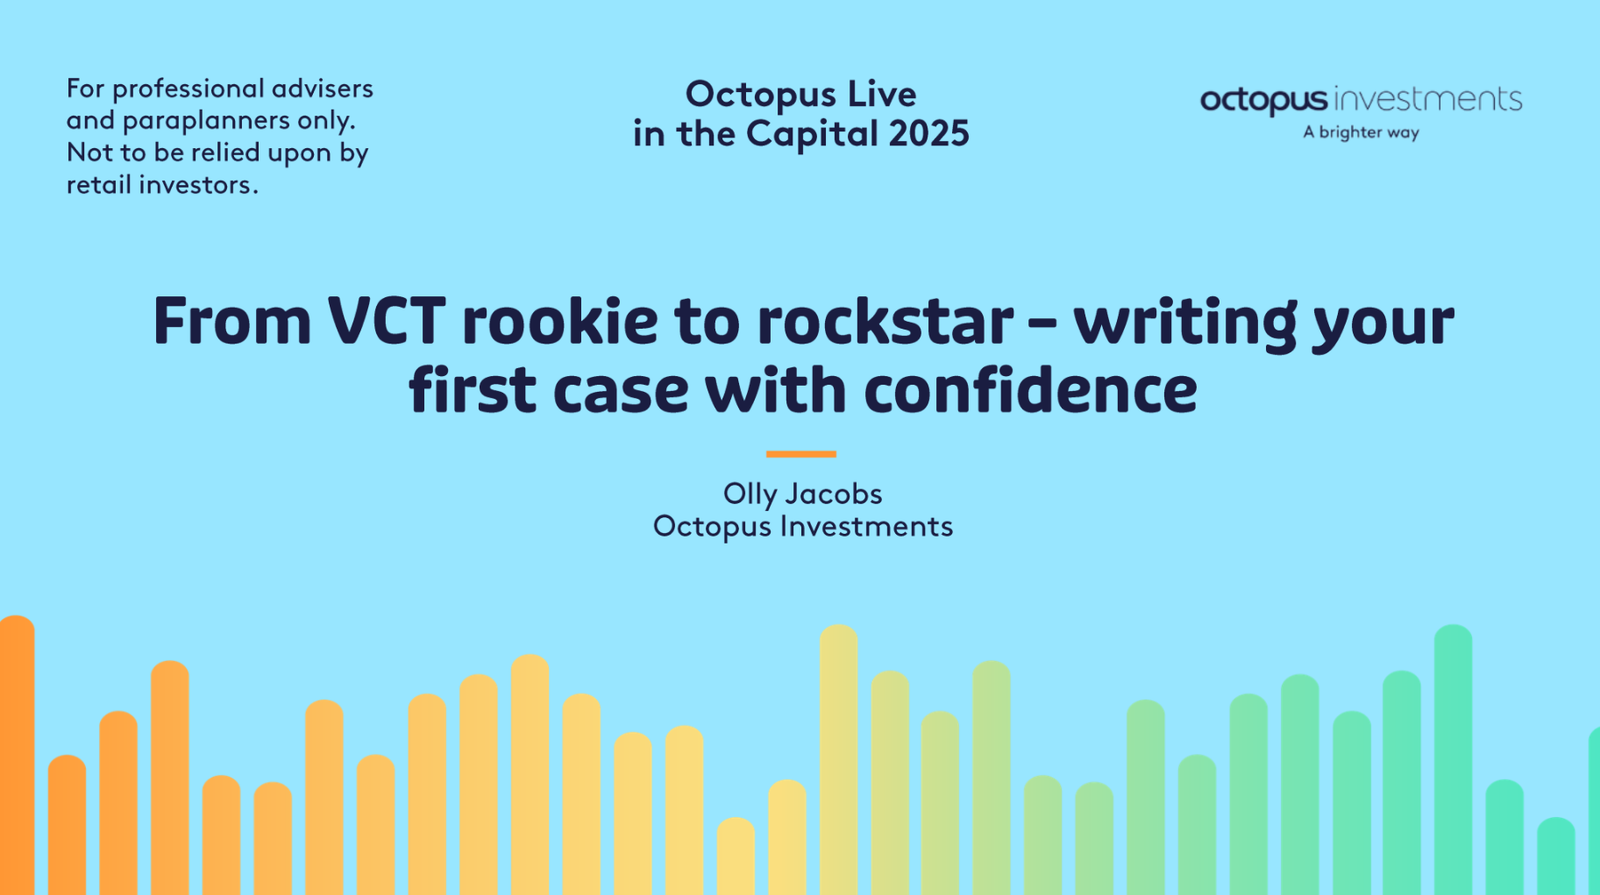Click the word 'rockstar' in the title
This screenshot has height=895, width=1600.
click(x=885, y=321)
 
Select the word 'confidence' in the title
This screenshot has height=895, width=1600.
click(x=1030, y=389)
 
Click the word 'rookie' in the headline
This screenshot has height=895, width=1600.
click(x=559, y=321)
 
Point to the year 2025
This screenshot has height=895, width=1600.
click(x=928, y=134)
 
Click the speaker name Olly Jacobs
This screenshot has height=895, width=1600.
click(x=802, y=494)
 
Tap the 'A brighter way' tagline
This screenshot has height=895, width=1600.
click(x=1361, y=132)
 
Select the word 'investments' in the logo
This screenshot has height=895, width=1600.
click(x=1427, y=99)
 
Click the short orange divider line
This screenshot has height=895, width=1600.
click(x=800, y=454)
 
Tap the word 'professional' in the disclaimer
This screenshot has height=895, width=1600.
click(x=188, y=89)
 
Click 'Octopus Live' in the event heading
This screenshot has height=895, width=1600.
click(x=800, y=95)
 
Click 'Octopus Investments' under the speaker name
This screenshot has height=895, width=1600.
click(x=802, y=527)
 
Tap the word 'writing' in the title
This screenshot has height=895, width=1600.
click(x=1184, y=323)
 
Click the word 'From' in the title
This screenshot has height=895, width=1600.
click(x=232, y=321)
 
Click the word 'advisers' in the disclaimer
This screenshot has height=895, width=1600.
click(x=323, y=89)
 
